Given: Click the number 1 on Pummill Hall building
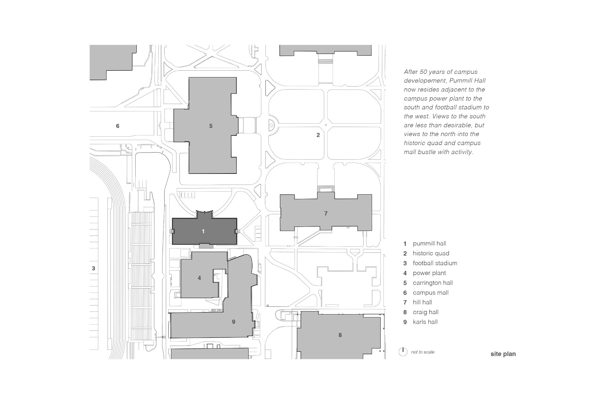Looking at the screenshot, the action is [203, 231].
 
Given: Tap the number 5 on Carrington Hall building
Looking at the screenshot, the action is [211, 126].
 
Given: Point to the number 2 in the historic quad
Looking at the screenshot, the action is [318, 135].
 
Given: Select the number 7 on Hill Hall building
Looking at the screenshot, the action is [326, 213].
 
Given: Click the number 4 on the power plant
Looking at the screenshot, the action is [199, 278].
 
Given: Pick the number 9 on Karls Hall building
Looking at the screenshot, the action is [234, 322].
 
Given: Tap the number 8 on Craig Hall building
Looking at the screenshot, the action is [340, 335].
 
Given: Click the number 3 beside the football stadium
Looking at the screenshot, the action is [94, 269].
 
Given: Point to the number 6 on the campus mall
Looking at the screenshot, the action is [117, 126].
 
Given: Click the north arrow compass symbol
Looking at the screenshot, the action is [403, 352].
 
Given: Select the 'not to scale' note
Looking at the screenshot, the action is [423, 352].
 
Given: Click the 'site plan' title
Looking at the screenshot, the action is [503, 354].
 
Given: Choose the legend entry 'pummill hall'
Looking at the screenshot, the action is [429, 243].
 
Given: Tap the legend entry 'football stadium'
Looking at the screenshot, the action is [435, 263].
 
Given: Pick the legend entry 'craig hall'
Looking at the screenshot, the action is [426, 312].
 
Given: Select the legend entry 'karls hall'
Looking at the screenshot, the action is [425, 322].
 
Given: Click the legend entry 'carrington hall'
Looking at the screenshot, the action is [433, 283].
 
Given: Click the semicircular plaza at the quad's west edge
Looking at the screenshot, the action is [271, 126].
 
